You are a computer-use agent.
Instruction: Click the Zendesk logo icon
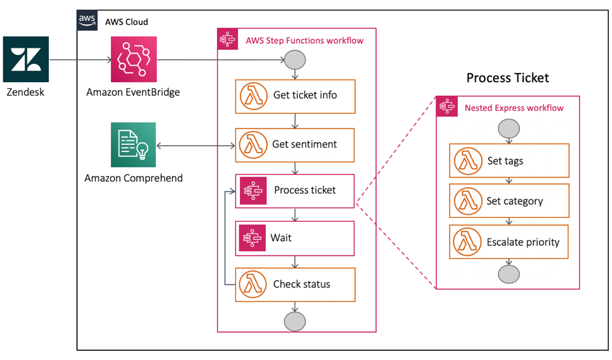coord(26,59)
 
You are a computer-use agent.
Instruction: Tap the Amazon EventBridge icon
coord(134,59)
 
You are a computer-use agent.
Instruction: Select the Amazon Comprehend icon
coord(134,145)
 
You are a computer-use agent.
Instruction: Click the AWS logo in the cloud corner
coord(87,21)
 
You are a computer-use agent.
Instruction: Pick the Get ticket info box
coord(295,95)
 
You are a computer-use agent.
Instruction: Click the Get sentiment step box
coord(295,144)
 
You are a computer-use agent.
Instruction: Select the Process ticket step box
coord(295,190)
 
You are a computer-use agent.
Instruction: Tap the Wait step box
coord(295,238)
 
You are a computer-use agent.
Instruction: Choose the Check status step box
coord(295,284)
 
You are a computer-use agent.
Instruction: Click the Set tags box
coord(509,160)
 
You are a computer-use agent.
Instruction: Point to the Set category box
coord(509,201)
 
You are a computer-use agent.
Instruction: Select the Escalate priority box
coord(509,242)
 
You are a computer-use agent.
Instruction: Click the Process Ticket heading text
coord(508,78)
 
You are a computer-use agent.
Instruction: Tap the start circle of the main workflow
coord(295,61)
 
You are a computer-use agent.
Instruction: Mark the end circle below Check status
coord(295,322)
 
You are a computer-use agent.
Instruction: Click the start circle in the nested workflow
coord(508,128)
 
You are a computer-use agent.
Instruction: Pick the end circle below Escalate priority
coord(508,275)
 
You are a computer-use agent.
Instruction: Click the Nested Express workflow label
coord(514,108)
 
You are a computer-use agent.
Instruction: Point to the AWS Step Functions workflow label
coord(304,40)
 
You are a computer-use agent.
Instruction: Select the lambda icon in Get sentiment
coord(252,144)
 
